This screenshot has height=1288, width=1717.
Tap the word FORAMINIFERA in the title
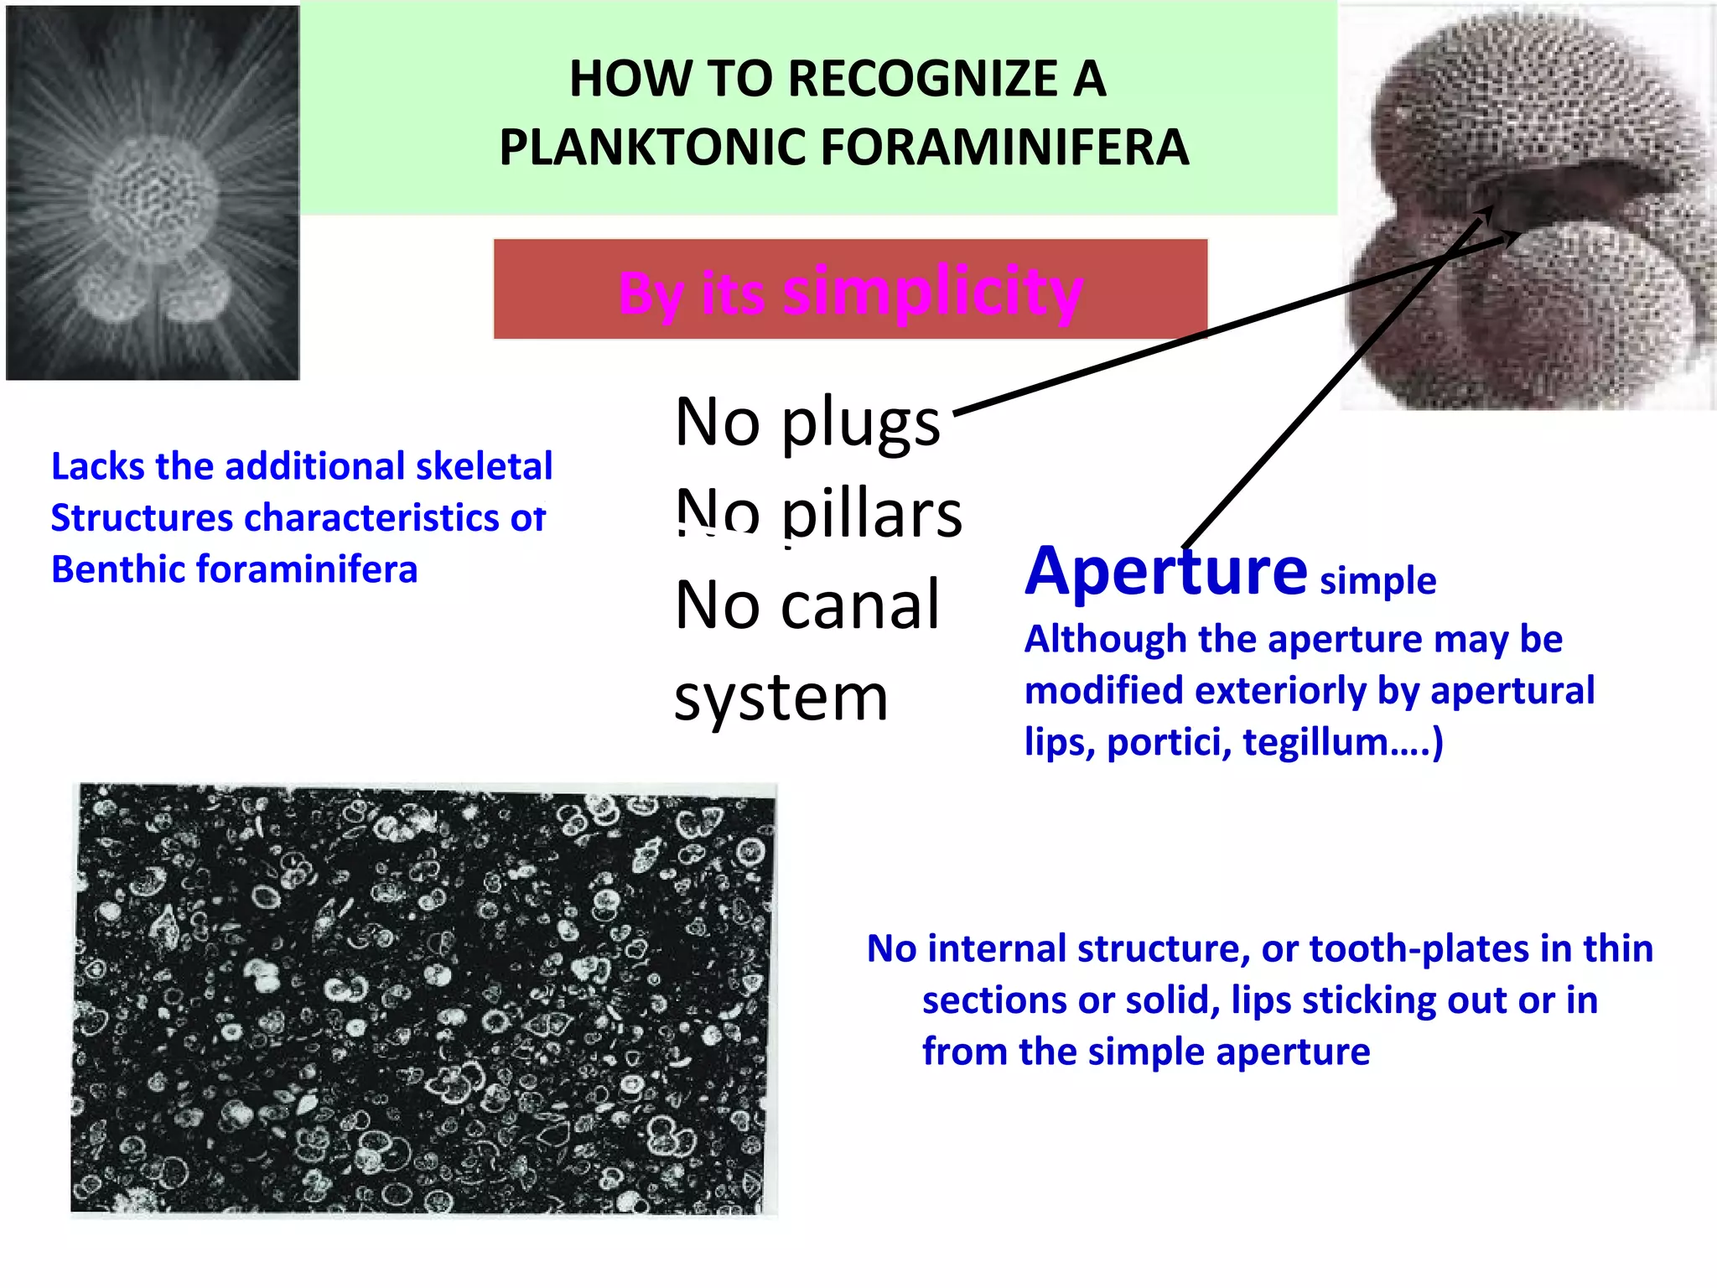(1004, 148)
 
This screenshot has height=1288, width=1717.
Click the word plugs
(861, 424)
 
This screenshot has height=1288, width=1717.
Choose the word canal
(861, 605)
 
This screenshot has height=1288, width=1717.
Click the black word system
(781, 698)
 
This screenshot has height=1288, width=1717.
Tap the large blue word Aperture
(1165, 571)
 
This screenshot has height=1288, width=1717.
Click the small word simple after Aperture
(1377, 580)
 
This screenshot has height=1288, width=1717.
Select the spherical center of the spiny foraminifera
(153, 197)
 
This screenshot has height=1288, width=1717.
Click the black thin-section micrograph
(423, 998)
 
